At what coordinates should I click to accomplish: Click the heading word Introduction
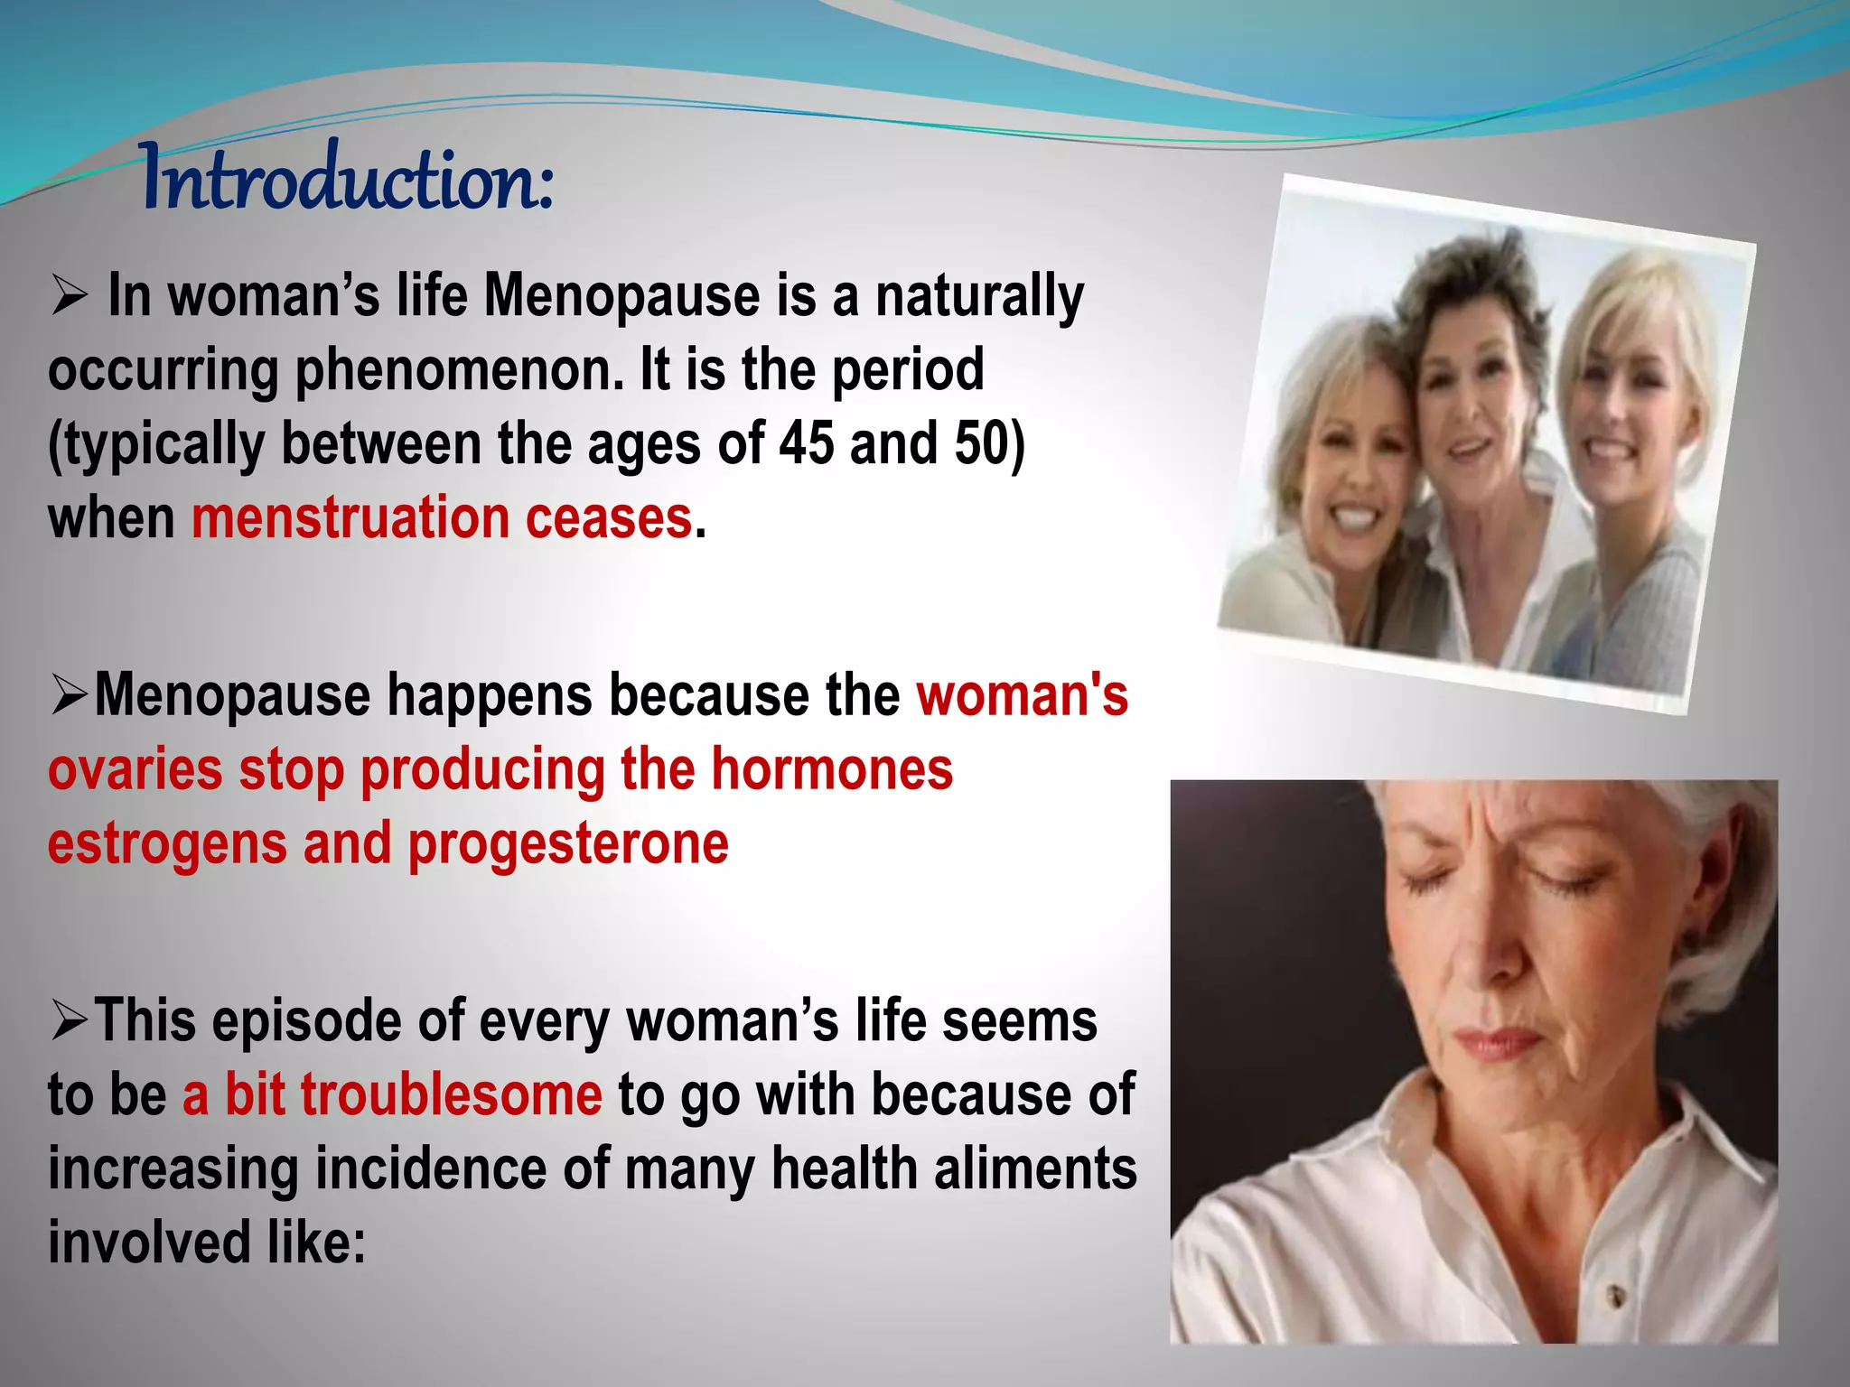click(348, 179)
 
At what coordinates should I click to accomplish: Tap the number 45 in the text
click(807, 444)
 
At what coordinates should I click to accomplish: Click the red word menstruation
click(350, 518)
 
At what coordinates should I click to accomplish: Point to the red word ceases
click(608, 518)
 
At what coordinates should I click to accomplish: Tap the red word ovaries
click(135, 770)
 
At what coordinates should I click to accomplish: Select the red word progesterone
click(568, 844)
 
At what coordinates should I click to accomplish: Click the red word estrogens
click(167, 844)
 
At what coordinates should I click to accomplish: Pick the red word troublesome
click(413, 1095)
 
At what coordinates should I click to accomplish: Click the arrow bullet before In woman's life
click(69, 296)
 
